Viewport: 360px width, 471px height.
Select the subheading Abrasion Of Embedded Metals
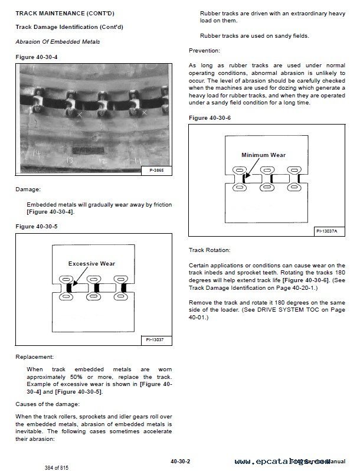click(x=57, y=41)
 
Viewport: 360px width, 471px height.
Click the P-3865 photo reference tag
click(x=156, y=171)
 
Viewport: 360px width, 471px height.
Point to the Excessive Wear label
click(x=91, y=263)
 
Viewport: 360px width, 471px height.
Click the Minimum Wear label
click(x=263, y=155)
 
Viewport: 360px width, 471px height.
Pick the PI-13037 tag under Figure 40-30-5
click(x=156, y=340)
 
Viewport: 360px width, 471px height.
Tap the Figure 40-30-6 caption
click(x=210, y=118)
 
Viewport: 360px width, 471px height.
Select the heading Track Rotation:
click(x=210, y=250)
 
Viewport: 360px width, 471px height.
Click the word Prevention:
click(x=204, y=51)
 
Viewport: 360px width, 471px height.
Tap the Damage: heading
click(x=28, y=190)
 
